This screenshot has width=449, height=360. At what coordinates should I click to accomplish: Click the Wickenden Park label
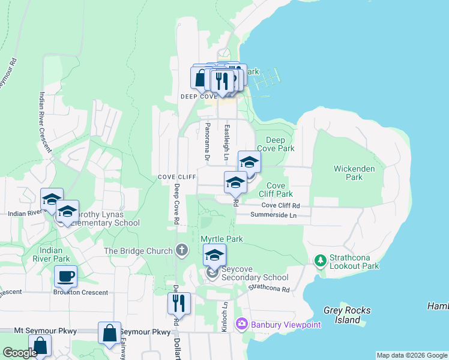354,173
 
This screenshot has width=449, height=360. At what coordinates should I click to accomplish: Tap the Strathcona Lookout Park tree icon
321,260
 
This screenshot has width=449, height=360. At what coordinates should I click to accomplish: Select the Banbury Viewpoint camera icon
241,324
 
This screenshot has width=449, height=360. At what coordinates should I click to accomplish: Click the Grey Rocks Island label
347,315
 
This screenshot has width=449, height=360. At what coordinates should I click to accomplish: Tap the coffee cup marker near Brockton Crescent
65,277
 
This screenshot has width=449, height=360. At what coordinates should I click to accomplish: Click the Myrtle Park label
221,239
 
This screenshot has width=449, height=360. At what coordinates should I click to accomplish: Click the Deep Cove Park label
276,144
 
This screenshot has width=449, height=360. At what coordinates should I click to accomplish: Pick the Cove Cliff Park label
276,190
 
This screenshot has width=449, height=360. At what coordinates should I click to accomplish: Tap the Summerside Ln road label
274,215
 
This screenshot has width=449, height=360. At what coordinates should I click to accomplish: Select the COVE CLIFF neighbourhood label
177,177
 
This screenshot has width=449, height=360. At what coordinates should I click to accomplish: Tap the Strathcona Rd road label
270,289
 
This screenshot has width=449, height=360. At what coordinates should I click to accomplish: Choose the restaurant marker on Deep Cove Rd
179,304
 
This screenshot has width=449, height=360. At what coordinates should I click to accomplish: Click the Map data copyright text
412,355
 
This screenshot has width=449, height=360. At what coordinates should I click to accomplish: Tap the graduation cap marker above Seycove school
214,255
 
